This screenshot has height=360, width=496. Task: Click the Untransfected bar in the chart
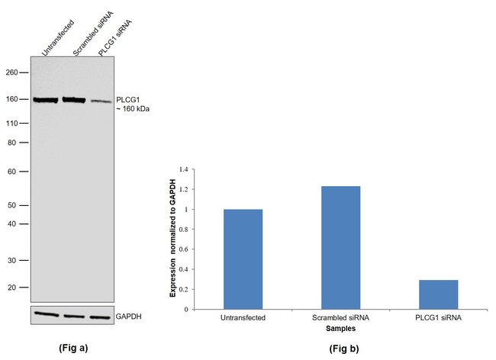point(243,259)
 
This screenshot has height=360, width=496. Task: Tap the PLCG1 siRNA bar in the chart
point(438,294)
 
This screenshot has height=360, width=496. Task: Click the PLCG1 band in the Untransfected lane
point(46,100)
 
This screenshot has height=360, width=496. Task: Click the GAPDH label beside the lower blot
point(129,315)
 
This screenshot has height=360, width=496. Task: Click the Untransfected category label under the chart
point(243,318)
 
